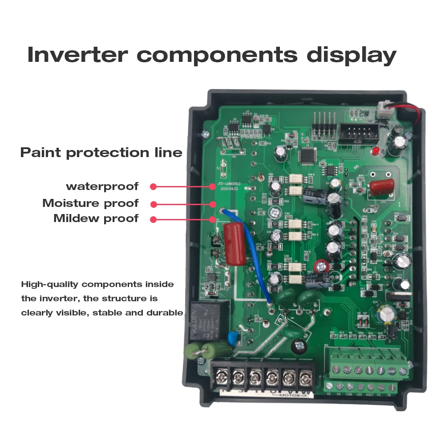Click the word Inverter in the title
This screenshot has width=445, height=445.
tap(78, 54)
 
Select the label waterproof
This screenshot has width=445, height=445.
tap(102, 186)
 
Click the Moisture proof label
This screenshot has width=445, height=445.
tap(90, 203)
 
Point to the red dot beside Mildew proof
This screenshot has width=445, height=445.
tap(154, 219)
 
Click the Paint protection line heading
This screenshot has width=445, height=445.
tap(101, 153)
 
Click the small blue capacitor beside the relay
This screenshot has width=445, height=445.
tap(232, 338)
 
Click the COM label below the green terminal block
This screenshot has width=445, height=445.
tap(349, 395)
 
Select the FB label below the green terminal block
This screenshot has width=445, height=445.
tap(388, 395)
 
